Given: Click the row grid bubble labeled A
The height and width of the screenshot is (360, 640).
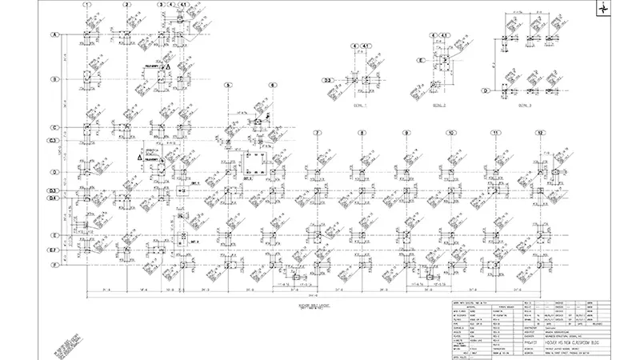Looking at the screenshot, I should [55, 35].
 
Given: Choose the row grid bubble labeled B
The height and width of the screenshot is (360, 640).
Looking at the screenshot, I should [55, 79].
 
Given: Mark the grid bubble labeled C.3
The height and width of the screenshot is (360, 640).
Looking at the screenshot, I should [54, 141].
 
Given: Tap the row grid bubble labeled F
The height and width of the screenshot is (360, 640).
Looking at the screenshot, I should [55, 263].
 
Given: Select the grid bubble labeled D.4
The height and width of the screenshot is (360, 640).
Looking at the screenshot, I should [54, 198].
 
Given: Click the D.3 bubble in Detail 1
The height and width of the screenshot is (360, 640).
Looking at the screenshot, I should [328, 80].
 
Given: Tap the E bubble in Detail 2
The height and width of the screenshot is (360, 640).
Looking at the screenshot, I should [420, 60].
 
